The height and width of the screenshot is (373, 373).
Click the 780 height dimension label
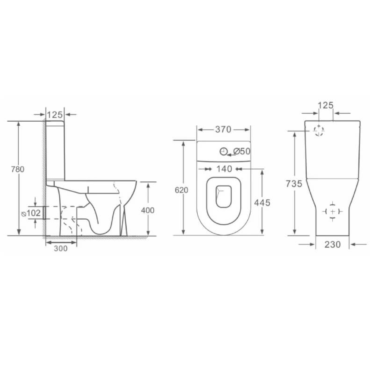pos(18,169)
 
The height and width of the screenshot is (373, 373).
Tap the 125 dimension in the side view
pos(55,115)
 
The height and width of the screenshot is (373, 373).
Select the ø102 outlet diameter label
pos(31,213)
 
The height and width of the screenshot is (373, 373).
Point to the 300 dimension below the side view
pos(61,248)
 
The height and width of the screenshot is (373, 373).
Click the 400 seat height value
pos(148,210)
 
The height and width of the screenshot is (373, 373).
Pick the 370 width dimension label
pos(223,130)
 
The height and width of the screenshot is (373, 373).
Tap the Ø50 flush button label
pos(242,151)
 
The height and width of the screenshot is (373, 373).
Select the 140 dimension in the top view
pos(224,169)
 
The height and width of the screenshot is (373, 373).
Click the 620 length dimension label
pos(181,190)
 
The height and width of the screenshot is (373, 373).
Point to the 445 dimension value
pos(262,203)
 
